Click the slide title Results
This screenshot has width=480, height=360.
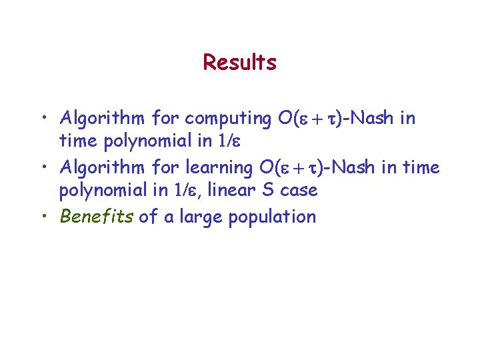pyautogui.click(x=239, y=63)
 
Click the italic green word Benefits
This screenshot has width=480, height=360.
pyautogui.click(x=97, y=217)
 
